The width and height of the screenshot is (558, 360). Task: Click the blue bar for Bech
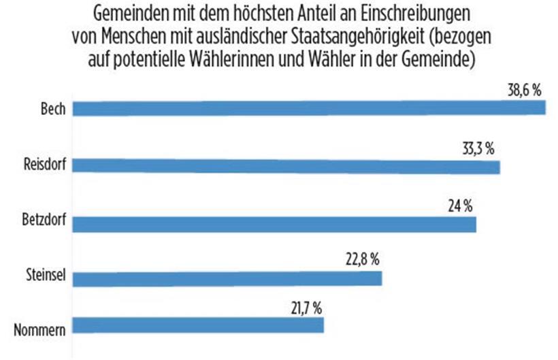point(309,109)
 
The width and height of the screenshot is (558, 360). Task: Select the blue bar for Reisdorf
point(286,166)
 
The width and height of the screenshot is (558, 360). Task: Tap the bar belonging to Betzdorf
point(274,223)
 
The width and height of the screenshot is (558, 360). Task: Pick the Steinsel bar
point(227,279)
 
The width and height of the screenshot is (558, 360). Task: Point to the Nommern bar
point(198,325)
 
